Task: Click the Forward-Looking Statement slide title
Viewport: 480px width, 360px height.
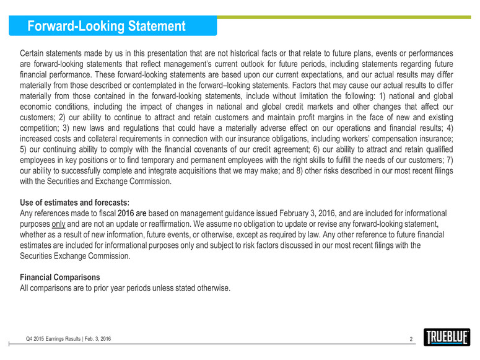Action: pos(107,27)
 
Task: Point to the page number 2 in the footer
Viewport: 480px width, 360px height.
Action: pos(411,340)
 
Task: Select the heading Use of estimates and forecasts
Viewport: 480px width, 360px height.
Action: pos(75,201)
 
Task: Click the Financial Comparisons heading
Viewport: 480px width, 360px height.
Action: pos(60,276)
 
